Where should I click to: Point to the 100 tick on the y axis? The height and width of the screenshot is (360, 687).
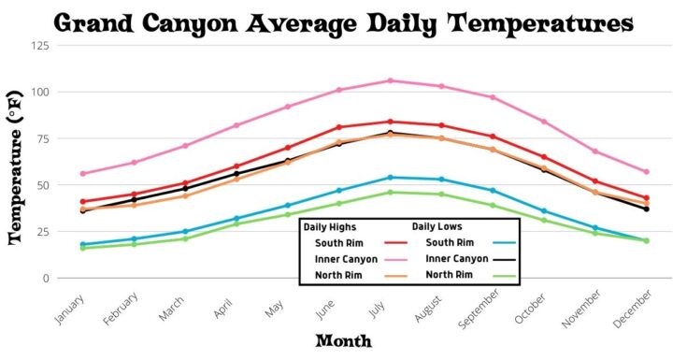(x=39, y=92)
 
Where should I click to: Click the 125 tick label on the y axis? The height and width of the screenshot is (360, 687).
(x=39, y=45)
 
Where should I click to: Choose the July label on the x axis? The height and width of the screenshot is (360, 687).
(x=381, y=301)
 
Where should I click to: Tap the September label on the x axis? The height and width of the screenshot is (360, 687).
(x=479, y=309)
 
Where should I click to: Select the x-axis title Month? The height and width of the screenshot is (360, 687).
(x=343, y=341)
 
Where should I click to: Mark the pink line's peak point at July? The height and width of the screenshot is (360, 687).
(x=391, y=80)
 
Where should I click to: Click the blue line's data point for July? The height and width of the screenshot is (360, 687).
(x=391, y=178)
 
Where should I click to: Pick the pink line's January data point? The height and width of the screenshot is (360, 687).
(x=82, y=174)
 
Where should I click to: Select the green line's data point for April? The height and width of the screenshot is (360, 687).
(x=236, y=223)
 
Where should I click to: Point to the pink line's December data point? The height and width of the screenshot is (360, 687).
(x=646, y=172)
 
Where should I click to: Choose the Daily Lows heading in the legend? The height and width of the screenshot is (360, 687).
(x=437, y=226)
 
